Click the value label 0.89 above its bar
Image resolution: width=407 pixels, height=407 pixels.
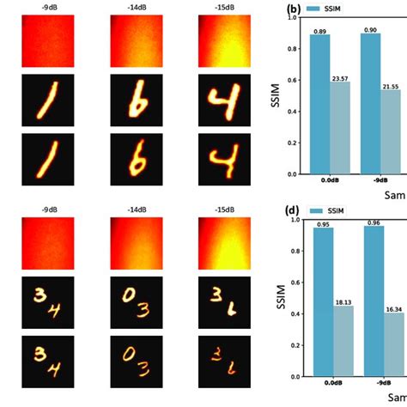[319, 31]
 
